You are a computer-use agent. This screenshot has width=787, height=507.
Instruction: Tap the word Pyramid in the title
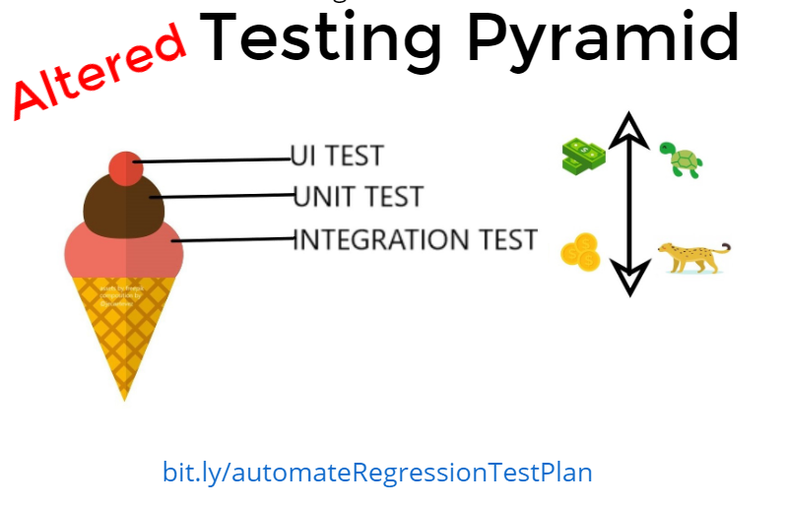pyautogui.click(x=602, y=36)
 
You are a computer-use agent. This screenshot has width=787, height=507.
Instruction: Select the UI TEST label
pyautogui.click(x=337, y=156)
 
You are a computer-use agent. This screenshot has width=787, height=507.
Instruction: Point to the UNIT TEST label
pyautogui.click(x=359, y=197)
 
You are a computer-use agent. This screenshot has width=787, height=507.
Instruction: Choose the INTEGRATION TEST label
pyautogui.click(x=416, y=239)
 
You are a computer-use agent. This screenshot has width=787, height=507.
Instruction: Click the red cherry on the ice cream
pyautogui.click(x=125, y=168)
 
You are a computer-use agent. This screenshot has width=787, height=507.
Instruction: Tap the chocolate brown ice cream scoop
pyautogui.click(x=125, y=204)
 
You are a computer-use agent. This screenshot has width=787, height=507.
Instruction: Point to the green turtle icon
pyautogui.click(x=681, y=159)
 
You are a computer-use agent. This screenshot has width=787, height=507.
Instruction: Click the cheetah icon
pyautogui.click(x=693, y=258)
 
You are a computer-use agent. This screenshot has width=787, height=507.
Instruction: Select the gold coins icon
pyautogui.click(x=580, y=252)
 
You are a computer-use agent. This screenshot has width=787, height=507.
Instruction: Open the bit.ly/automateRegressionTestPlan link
pyautogui.click(x=377, y=472)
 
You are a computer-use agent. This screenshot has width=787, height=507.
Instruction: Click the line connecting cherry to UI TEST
pyautogui.click(x=212, y=159)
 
